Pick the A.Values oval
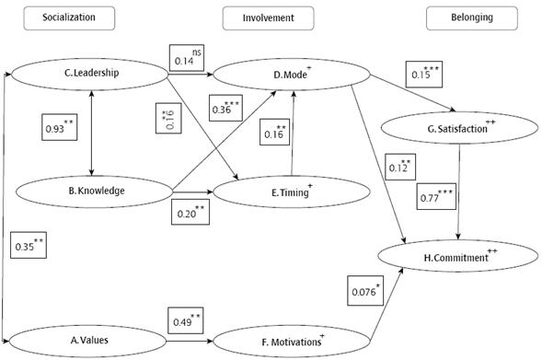tap(91, 340)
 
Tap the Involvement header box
tap(267, 17)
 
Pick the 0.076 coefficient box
tap(366, 291)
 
